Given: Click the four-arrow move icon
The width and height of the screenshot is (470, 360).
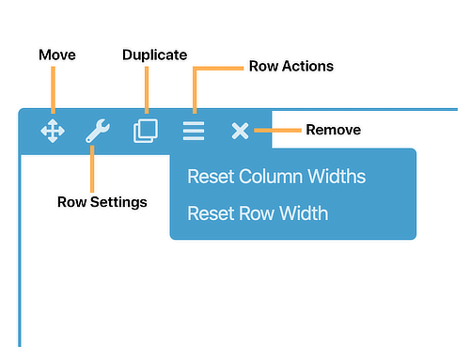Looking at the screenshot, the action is click(x=53, y=131).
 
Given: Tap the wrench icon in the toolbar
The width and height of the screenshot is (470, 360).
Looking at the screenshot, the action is click(x=98, y=131).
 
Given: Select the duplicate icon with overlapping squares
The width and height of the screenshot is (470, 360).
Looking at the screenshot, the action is click(x=146, y=131).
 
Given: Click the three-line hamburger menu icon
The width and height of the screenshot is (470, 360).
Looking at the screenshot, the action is click(x=194, y=131).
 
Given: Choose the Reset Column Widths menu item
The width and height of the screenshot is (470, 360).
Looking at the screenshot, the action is click(x=276, y=176).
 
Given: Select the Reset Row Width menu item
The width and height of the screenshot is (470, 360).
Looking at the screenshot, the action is click(x=258, y=213).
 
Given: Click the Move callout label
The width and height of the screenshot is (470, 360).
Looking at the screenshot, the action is click(x=57, y=55).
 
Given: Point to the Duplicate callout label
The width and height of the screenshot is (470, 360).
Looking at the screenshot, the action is click(x=155, y=55).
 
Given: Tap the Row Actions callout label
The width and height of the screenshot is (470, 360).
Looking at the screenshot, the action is click(x=291, y=66).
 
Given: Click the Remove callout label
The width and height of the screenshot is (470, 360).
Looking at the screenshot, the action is click(x=334, y=130).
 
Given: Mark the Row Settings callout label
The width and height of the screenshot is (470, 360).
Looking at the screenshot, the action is click(x=102, y=202).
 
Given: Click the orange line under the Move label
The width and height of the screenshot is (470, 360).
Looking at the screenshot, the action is click(x=54, y=90).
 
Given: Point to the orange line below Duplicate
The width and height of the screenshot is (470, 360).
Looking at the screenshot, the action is click(x=147, y=90).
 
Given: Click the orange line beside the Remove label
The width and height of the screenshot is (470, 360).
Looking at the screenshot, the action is click(x=277, y=131).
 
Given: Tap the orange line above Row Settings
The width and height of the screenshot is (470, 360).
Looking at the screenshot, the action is click(x=92, y=169).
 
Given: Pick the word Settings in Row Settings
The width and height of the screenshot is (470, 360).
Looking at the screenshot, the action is click(x=118, y=202).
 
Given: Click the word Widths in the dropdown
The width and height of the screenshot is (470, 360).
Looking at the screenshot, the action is click(x=337, y=176).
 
